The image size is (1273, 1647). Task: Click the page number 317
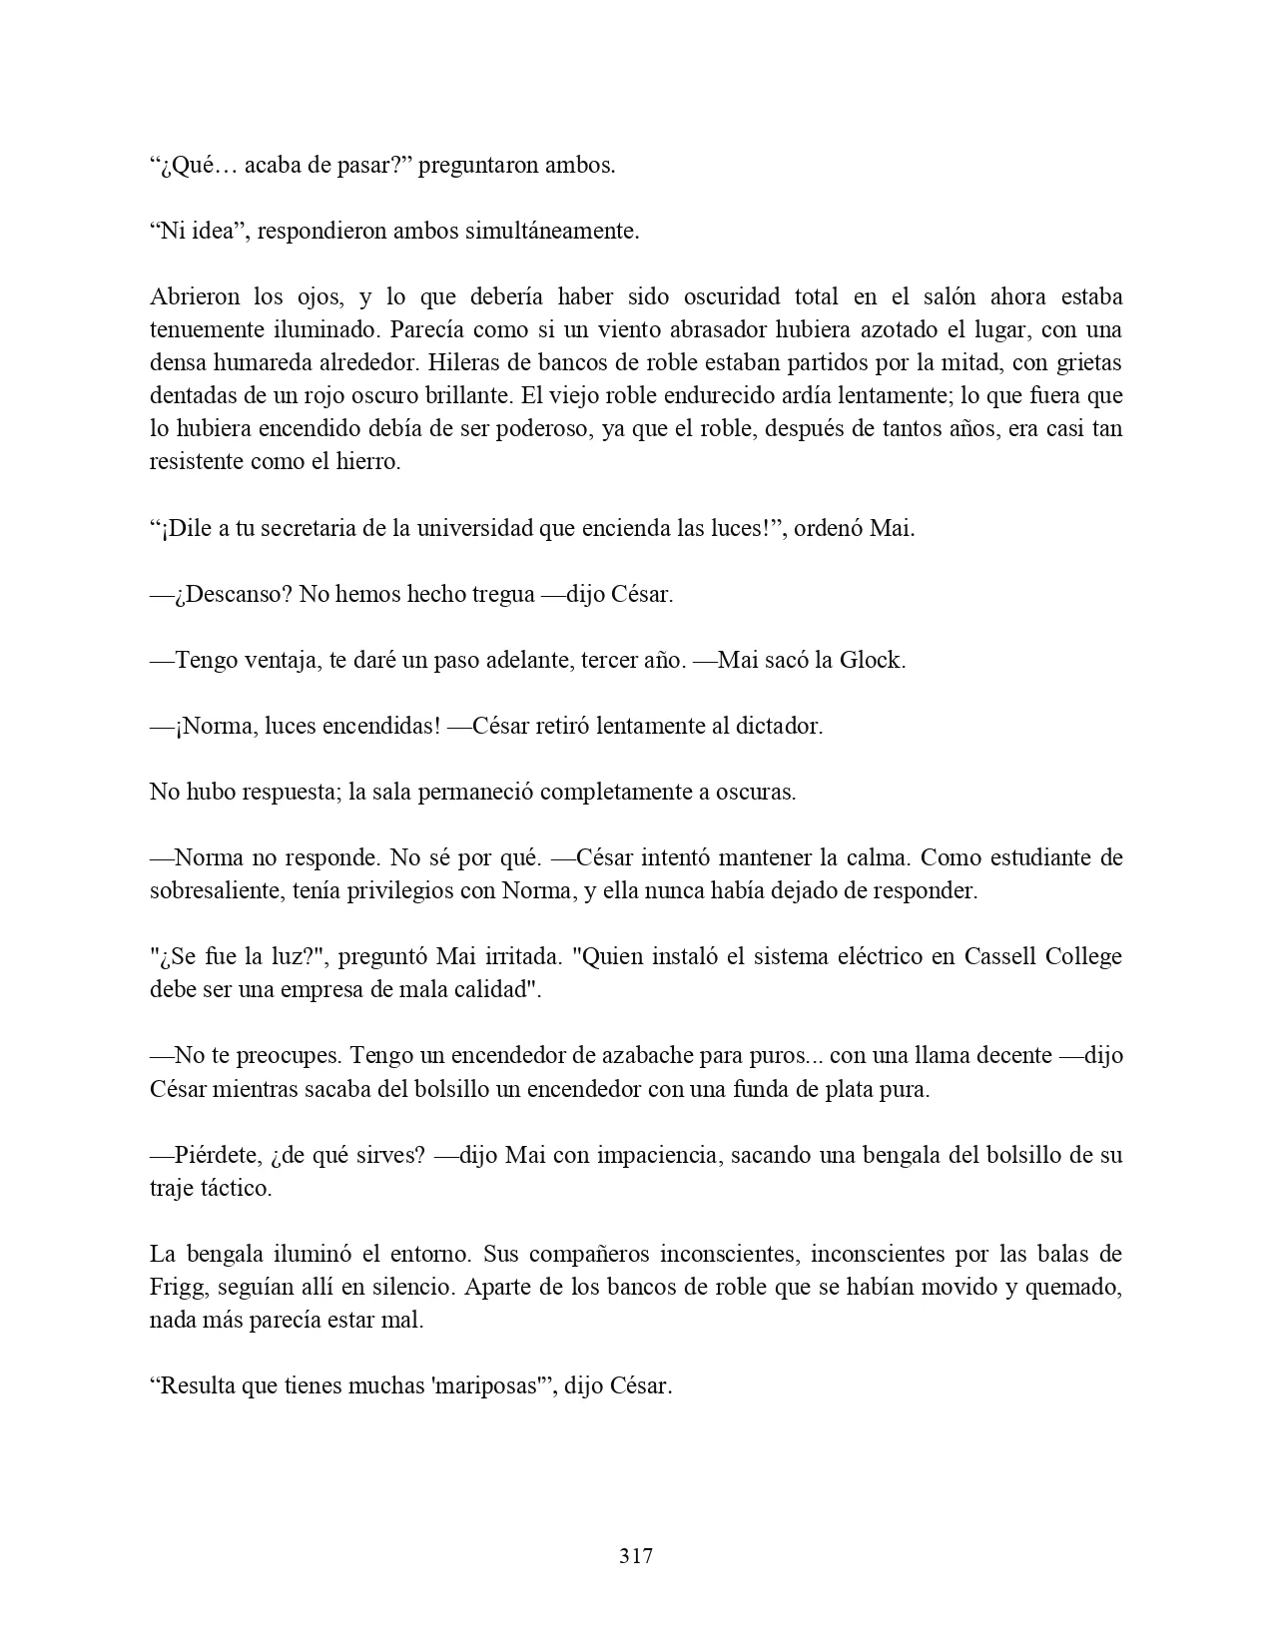(636, 1555)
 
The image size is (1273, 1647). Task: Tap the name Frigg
(177, 1287)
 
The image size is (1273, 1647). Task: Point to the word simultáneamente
(552, 231)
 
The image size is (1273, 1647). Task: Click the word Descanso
(233, 594)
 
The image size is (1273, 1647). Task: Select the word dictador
(780, 726)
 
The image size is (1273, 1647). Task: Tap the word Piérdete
(219, 1155)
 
